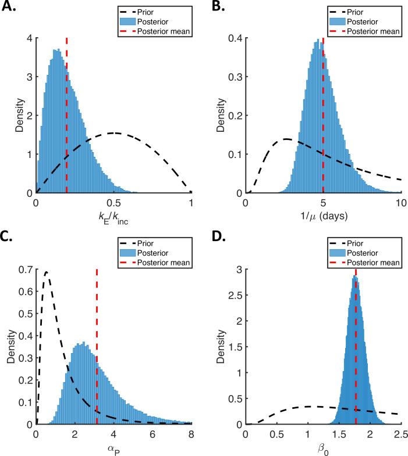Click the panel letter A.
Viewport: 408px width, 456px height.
pos(11,8)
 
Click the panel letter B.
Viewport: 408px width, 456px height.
pos(220,8)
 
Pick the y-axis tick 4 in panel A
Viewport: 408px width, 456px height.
pos(29,39)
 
